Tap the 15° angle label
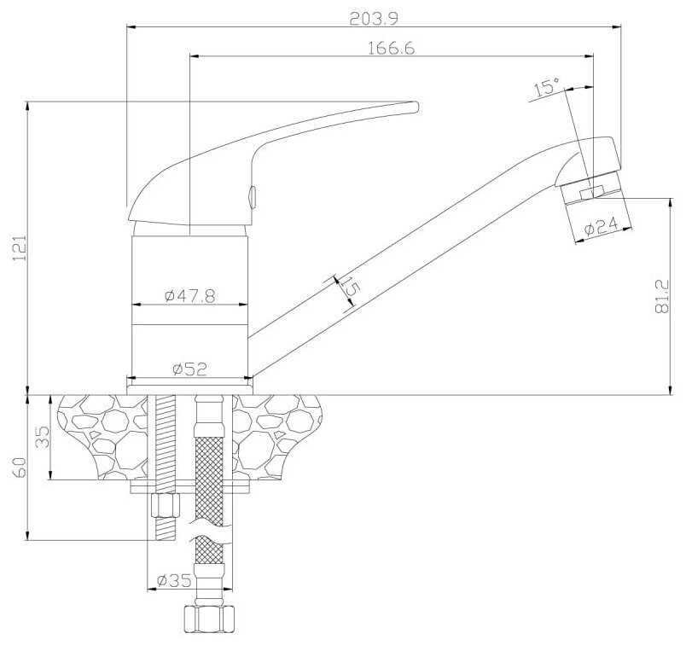point(546,87)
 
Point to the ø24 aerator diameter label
point(602,227)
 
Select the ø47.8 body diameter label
point(189,295)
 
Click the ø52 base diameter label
point(189,369)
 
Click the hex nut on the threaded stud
point(164,507)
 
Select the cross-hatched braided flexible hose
point(207,478)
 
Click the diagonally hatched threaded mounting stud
point(165,444)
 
